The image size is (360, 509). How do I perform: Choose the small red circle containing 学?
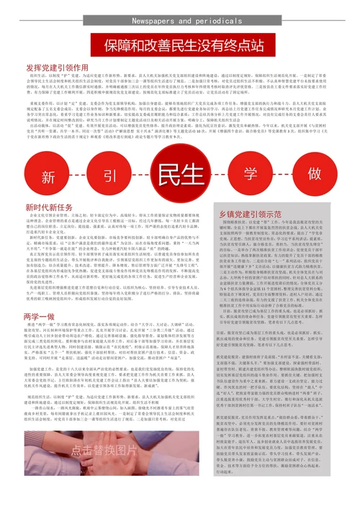point(251,176)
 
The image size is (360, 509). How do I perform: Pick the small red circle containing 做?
point(312,176)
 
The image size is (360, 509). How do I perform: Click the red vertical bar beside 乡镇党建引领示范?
point(238,214)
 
